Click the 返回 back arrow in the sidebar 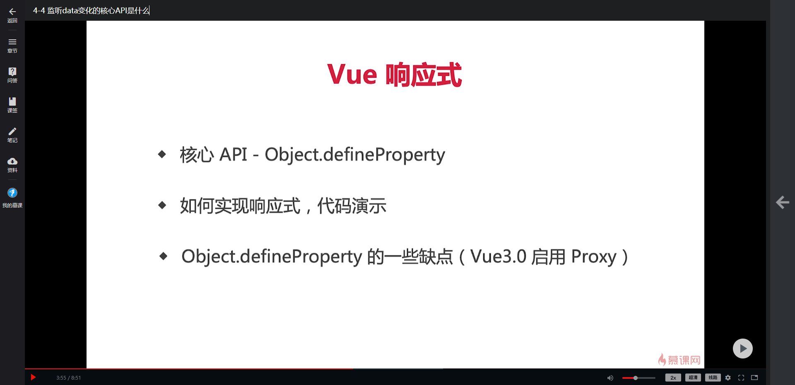[x=12, y=12]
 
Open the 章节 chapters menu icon [x=12, y=42]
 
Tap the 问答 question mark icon [x=12, y=71]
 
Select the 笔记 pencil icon [x=12, y=131]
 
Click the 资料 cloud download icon [x=12, y=161]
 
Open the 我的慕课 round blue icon [x=12, y=193]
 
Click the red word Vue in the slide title [x=352, y=75]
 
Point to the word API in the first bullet [x=233, y=155]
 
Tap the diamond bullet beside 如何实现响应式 [x=162, y=205]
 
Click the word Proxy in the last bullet [x=594, y=257]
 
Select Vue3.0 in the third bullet [x=498, y=257]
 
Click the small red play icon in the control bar [x=34, y=377]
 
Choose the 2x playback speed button [x=673, y=378]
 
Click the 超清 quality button [x=693, y=378]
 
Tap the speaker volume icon [x=610, y=378]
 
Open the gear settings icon [x=728, y=378]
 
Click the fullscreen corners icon [x=741, y=378]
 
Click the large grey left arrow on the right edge [x=782, y=202]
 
